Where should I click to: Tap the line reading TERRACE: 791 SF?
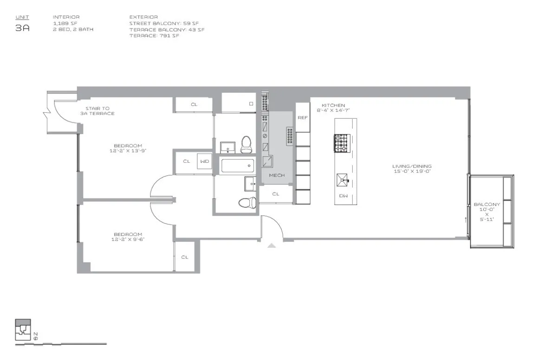click(x=154, y=36)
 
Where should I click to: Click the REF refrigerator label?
click(x=303, y=118)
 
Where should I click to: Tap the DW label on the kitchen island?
click(x=343, y=196)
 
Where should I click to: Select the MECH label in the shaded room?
click(x=277, y=175)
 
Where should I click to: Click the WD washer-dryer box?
click(x=204, y=161)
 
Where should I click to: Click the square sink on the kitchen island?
click(x=343, y=179)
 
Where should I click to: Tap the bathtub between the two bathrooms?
click(x=237, y=166)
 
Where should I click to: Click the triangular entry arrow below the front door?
click(x=272, y=245)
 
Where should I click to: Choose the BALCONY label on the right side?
click(x=487, y=205)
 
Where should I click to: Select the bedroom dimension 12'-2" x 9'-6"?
click(x=128, y=240)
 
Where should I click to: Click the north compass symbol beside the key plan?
click(x=36, y=336)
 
